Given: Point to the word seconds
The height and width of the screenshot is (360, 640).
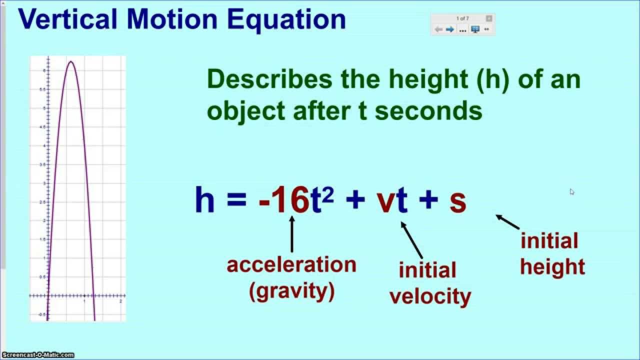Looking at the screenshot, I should (428, 111).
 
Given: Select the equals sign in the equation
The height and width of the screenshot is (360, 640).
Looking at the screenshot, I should (236, 201).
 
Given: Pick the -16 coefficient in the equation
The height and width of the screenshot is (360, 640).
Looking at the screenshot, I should (283, 200).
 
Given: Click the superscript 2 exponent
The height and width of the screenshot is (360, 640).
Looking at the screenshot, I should (327, 193).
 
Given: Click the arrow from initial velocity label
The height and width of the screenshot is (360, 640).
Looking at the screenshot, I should (412, 240).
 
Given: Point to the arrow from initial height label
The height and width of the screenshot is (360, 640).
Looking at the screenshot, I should (507, 222).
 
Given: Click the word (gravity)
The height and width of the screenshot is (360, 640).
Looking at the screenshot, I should (291, 291).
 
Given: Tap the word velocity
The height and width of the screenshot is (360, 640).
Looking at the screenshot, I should (430, 296).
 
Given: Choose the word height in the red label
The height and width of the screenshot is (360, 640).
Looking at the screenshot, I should (552, 266).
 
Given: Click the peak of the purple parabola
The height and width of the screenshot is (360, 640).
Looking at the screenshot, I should (71, 62).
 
